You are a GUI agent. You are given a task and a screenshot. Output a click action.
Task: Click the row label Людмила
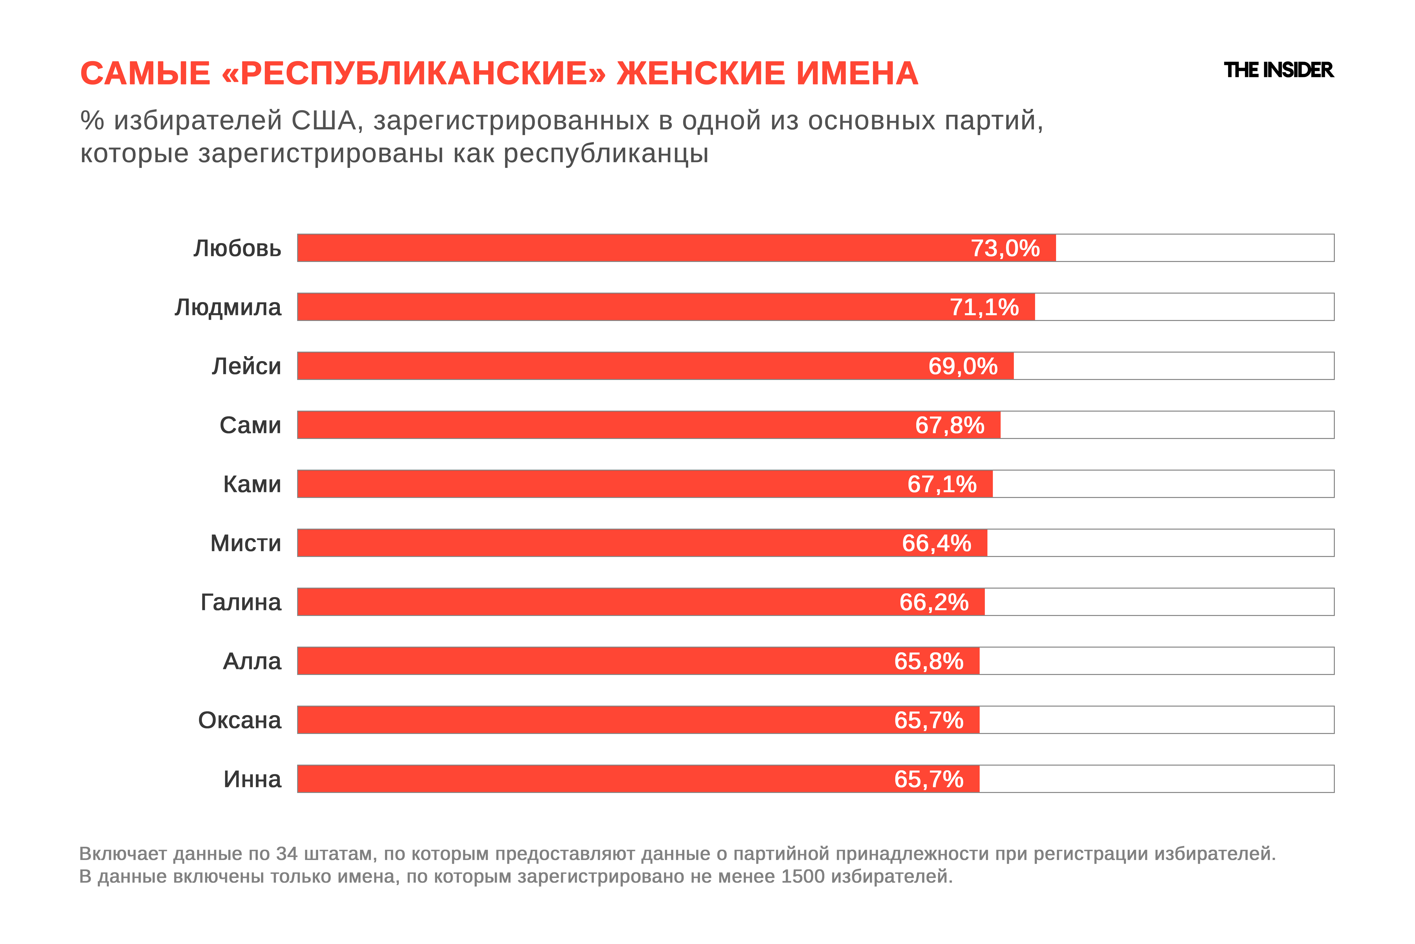pos(228,307)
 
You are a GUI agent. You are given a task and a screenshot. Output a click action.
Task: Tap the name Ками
pos(252,484)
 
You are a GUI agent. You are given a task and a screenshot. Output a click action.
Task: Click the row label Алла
pos(252,661)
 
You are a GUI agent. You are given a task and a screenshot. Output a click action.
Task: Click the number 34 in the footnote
pos(287,854)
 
